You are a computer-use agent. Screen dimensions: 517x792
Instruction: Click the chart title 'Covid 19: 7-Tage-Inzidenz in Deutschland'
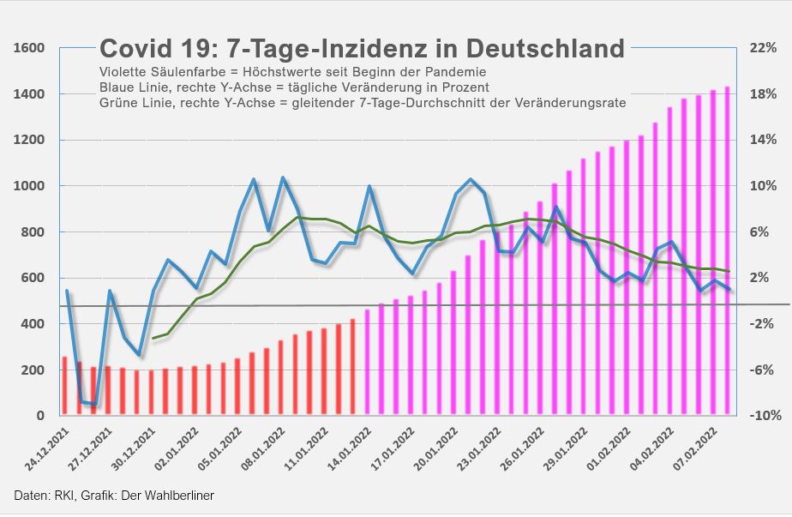point(362,49)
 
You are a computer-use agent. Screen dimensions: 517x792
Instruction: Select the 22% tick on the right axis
point(763,48)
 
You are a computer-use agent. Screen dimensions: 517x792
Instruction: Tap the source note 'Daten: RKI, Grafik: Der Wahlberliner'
point(114,496)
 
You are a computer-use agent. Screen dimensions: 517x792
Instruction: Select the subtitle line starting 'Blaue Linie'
point(294,87)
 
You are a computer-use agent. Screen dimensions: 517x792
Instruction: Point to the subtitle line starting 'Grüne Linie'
point(363,103)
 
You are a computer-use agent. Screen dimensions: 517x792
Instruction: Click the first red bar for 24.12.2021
point(64,386)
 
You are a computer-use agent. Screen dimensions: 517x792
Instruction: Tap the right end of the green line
point(729,272)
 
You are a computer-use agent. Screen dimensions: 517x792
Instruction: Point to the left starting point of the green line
point(153,339)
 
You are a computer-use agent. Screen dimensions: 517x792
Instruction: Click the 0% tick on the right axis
point(763,301)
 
